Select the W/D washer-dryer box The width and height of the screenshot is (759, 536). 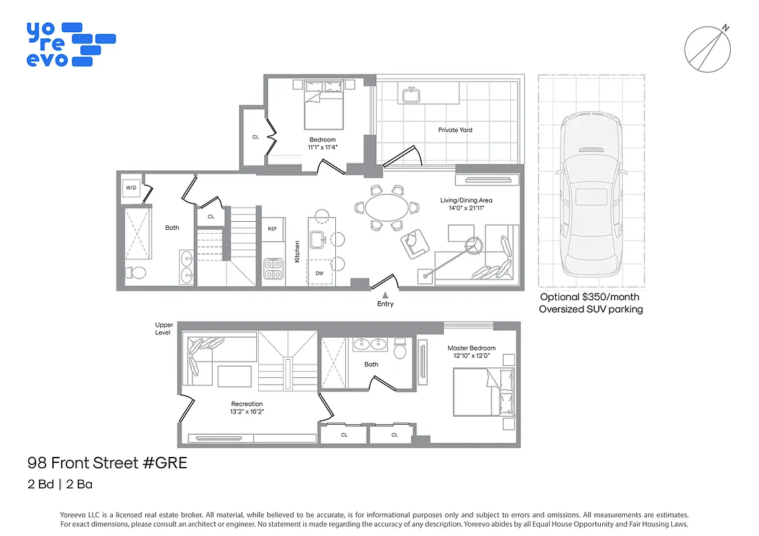click(x=131, y=188)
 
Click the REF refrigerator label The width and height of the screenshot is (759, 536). click(x=272, y=229)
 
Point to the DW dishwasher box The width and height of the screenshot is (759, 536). click(x=319, y=273)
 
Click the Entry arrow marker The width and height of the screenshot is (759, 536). click(x=386, y=294)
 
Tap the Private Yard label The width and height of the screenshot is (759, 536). click(x=455, y=130)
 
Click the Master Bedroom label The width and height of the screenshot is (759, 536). click(x=472, y=348)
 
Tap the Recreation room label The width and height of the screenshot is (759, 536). click(x=247, y=404)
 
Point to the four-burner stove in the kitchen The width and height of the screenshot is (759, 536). click(x=273, y=269)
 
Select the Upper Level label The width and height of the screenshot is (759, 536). click(x=164, y=328)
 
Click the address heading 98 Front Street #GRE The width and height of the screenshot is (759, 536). click(x=107, y=462)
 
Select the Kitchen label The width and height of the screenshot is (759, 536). click(x=297, y=252)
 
